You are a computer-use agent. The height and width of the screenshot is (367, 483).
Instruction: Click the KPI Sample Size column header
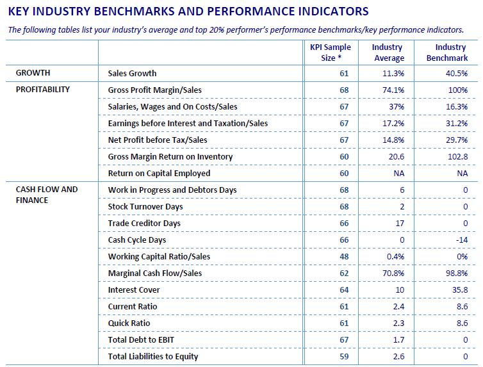(331, 53)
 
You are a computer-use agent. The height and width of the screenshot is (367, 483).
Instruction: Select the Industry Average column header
(388, 53)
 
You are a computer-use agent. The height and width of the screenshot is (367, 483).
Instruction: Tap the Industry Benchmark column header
(447, 53)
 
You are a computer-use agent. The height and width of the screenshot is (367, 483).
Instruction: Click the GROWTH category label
(33, 73)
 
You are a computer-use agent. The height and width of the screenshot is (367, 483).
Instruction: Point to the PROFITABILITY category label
(43, 90)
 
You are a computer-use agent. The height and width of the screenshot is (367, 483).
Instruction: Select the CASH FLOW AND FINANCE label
(47, 195)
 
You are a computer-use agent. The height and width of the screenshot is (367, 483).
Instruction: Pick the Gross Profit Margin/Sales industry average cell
(393, 90)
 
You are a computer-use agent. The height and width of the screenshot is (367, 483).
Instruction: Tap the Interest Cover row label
(134, 290)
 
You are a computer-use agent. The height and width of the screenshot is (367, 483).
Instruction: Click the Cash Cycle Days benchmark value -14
(462, 240)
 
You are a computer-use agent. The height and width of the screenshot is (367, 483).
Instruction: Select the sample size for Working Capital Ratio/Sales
(344, 256)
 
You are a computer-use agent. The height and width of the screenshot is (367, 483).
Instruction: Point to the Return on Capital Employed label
(159, 174)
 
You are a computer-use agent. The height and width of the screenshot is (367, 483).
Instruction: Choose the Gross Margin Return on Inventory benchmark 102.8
(458, 156)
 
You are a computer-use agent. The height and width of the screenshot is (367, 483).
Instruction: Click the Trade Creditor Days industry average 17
(400, 224)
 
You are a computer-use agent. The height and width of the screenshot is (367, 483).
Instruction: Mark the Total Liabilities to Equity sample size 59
(344, 356)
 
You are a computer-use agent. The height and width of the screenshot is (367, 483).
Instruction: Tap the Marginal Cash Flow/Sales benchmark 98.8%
(457, 273)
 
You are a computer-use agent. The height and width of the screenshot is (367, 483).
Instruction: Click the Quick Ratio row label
(129, 323)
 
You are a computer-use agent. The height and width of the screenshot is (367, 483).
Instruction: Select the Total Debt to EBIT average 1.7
(398, 339)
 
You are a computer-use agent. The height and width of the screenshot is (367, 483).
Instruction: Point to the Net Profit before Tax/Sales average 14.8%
(393, 140)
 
